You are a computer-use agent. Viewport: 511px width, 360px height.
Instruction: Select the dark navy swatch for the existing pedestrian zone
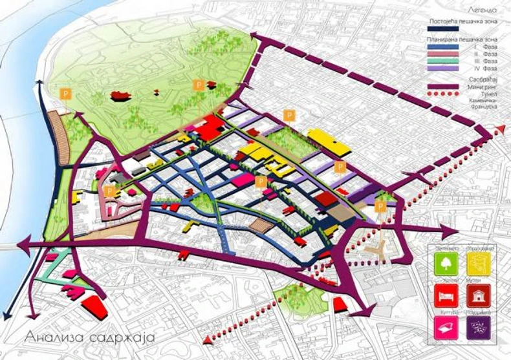[442, 29]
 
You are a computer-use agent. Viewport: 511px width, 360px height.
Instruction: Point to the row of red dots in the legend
[442, 94]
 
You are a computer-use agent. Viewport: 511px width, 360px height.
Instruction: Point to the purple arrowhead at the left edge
[22, 244]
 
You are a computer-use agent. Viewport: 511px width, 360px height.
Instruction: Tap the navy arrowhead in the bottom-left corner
[6, 315]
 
